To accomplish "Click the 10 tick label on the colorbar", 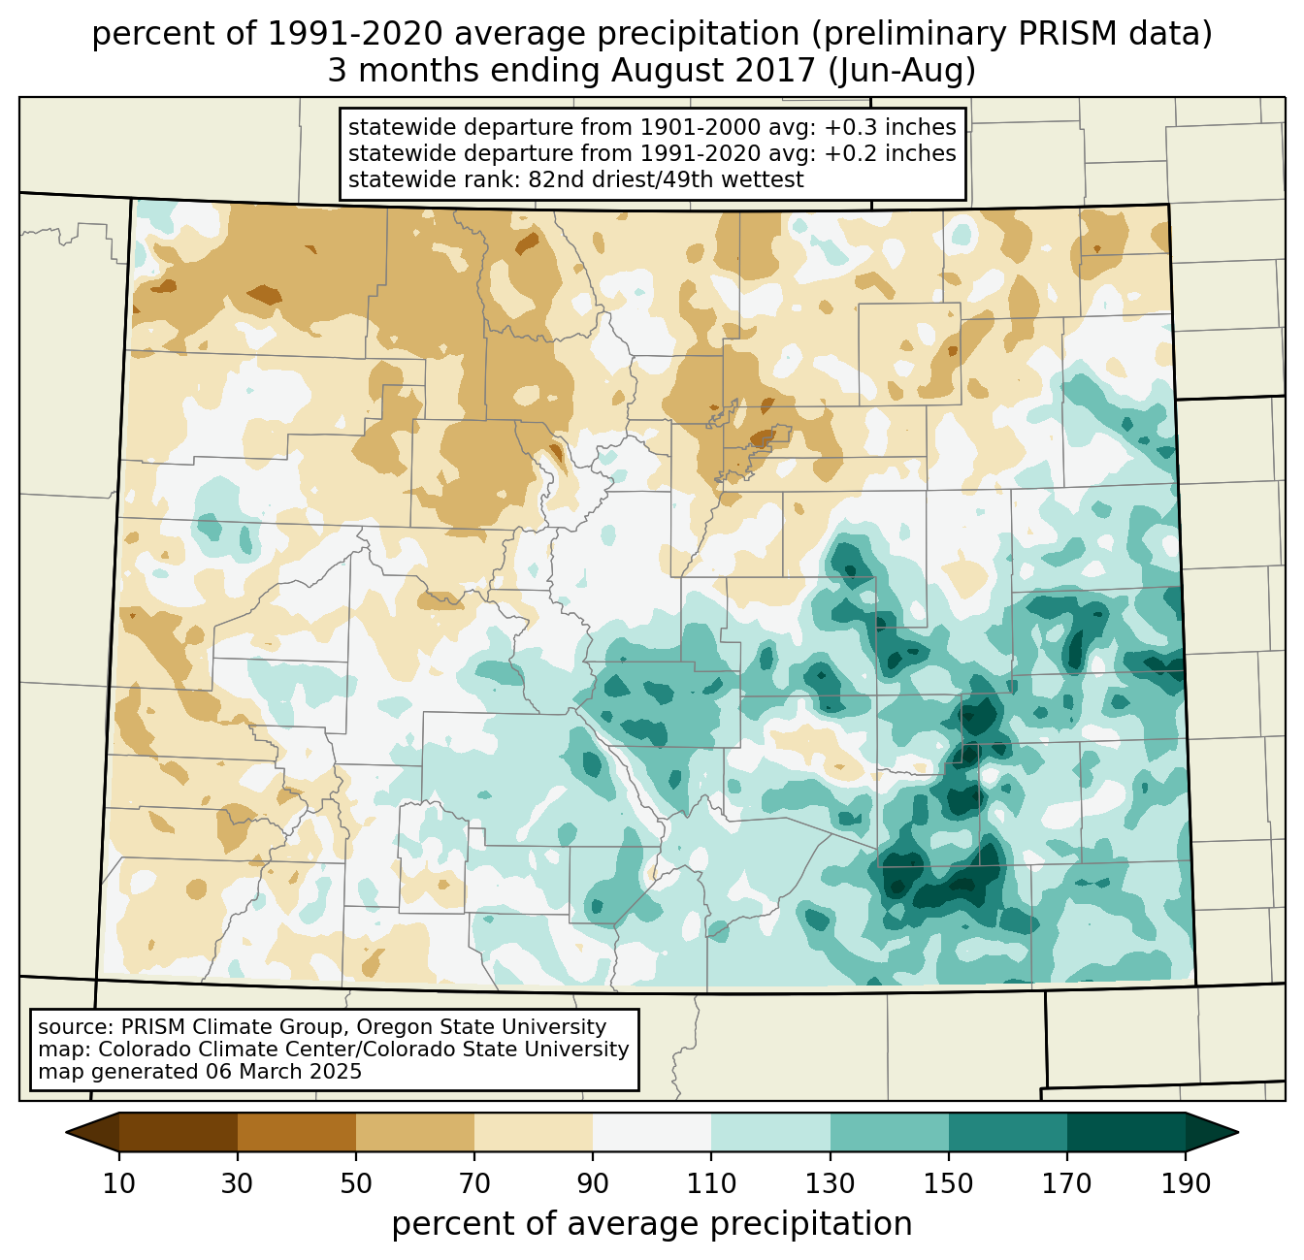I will [x=119, y=1184].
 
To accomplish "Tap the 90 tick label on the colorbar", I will [x=593, y=1184].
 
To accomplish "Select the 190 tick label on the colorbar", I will [x=1186, y=1184].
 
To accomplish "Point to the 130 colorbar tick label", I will [x=831, y=1184].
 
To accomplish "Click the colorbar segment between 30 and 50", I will [x=297, y=1132].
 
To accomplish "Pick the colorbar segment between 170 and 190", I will [x=1125, y=1132].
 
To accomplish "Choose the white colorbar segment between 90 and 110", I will [x=652, y=1132].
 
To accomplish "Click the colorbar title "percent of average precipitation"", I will [x=652, y=1224].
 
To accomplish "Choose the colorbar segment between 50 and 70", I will [x=415, y=1132].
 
